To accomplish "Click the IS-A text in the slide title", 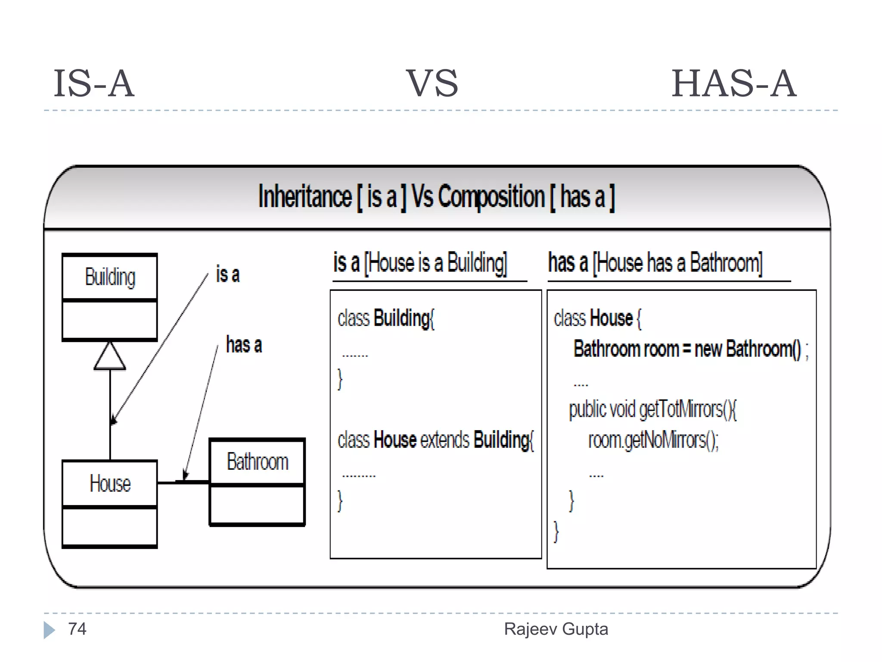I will point(94,84).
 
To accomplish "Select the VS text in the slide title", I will point(432,84).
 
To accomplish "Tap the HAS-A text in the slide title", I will point(733,84).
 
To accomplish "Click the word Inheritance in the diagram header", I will point(305,197).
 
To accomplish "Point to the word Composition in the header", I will point(491,197).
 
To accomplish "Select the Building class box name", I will point(110,277).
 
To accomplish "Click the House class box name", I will point(110,483).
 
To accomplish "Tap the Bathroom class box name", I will point(257,462).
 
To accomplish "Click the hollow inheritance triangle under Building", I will point(110,357).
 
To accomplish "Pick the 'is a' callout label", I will point(228,275).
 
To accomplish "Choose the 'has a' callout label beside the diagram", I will point(244,345).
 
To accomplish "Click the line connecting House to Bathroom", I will point(183,482).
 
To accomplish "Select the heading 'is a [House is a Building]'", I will point(420,262).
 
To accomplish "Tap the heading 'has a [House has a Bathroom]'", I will point(655,262).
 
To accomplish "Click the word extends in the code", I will point(444,440).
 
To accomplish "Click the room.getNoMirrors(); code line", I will point(653,440).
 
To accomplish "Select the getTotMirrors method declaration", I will point(653,409).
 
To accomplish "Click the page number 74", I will point(78,629).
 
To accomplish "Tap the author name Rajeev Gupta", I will point(556,629).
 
